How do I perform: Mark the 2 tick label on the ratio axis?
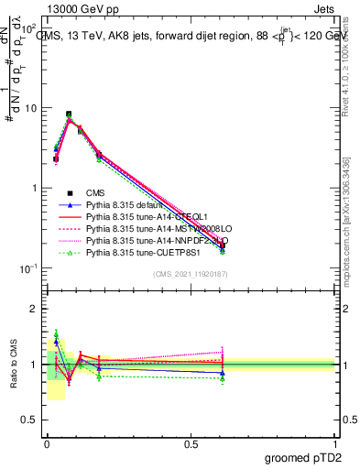(x=34, y=309)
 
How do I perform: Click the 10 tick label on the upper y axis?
(x=30, y=108)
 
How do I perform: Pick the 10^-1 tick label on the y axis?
(x=28, y=268)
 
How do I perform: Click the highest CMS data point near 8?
(x=69, y=115)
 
